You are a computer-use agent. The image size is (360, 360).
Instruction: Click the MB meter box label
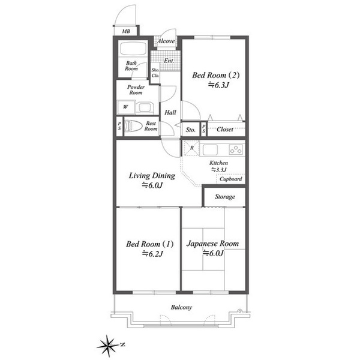(x=126, y=31)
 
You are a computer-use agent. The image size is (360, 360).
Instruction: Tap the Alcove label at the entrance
(x=166, y=41)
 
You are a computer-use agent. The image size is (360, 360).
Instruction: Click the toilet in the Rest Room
(x=133, y=126)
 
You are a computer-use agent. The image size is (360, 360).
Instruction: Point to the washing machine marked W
(x=125, y=107)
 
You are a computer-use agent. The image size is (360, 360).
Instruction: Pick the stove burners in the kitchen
(x=236, y=149)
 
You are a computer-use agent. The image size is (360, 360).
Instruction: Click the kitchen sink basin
(x=210, y=150)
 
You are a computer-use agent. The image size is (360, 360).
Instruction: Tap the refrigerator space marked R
(x=191, y=148)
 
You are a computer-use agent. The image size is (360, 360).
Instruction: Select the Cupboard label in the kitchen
(x=231, y=179)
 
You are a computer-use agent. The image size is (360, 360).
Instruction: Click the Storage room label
(x=225, y=197)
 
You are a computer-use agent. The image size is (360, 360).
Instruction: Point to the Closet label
(x=225, y=130)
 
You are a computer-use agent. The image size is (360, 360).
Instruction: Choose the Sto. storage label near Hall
(x=191, y=130)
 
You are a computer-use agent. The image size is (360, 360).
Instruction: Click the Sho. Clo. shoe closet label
(x=155, y=73)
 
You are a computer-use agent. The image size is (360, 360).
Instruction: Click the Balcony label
(x=181, y=307)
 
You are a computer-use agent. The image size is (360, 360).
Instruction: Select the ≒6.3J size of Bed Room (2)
(x=218, y=85)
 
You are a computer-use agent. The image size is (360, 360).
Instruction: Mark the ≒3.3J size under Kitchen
(x=218, y=170)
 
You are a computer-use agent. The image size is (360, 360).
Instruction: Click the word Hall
(x=170, y=113)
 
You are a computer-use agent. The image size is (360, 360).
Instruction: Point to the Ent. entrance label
(x=169, y=61)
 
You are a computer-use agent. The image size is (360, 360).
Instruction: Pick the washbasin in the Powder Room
(x=145, y=107)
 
